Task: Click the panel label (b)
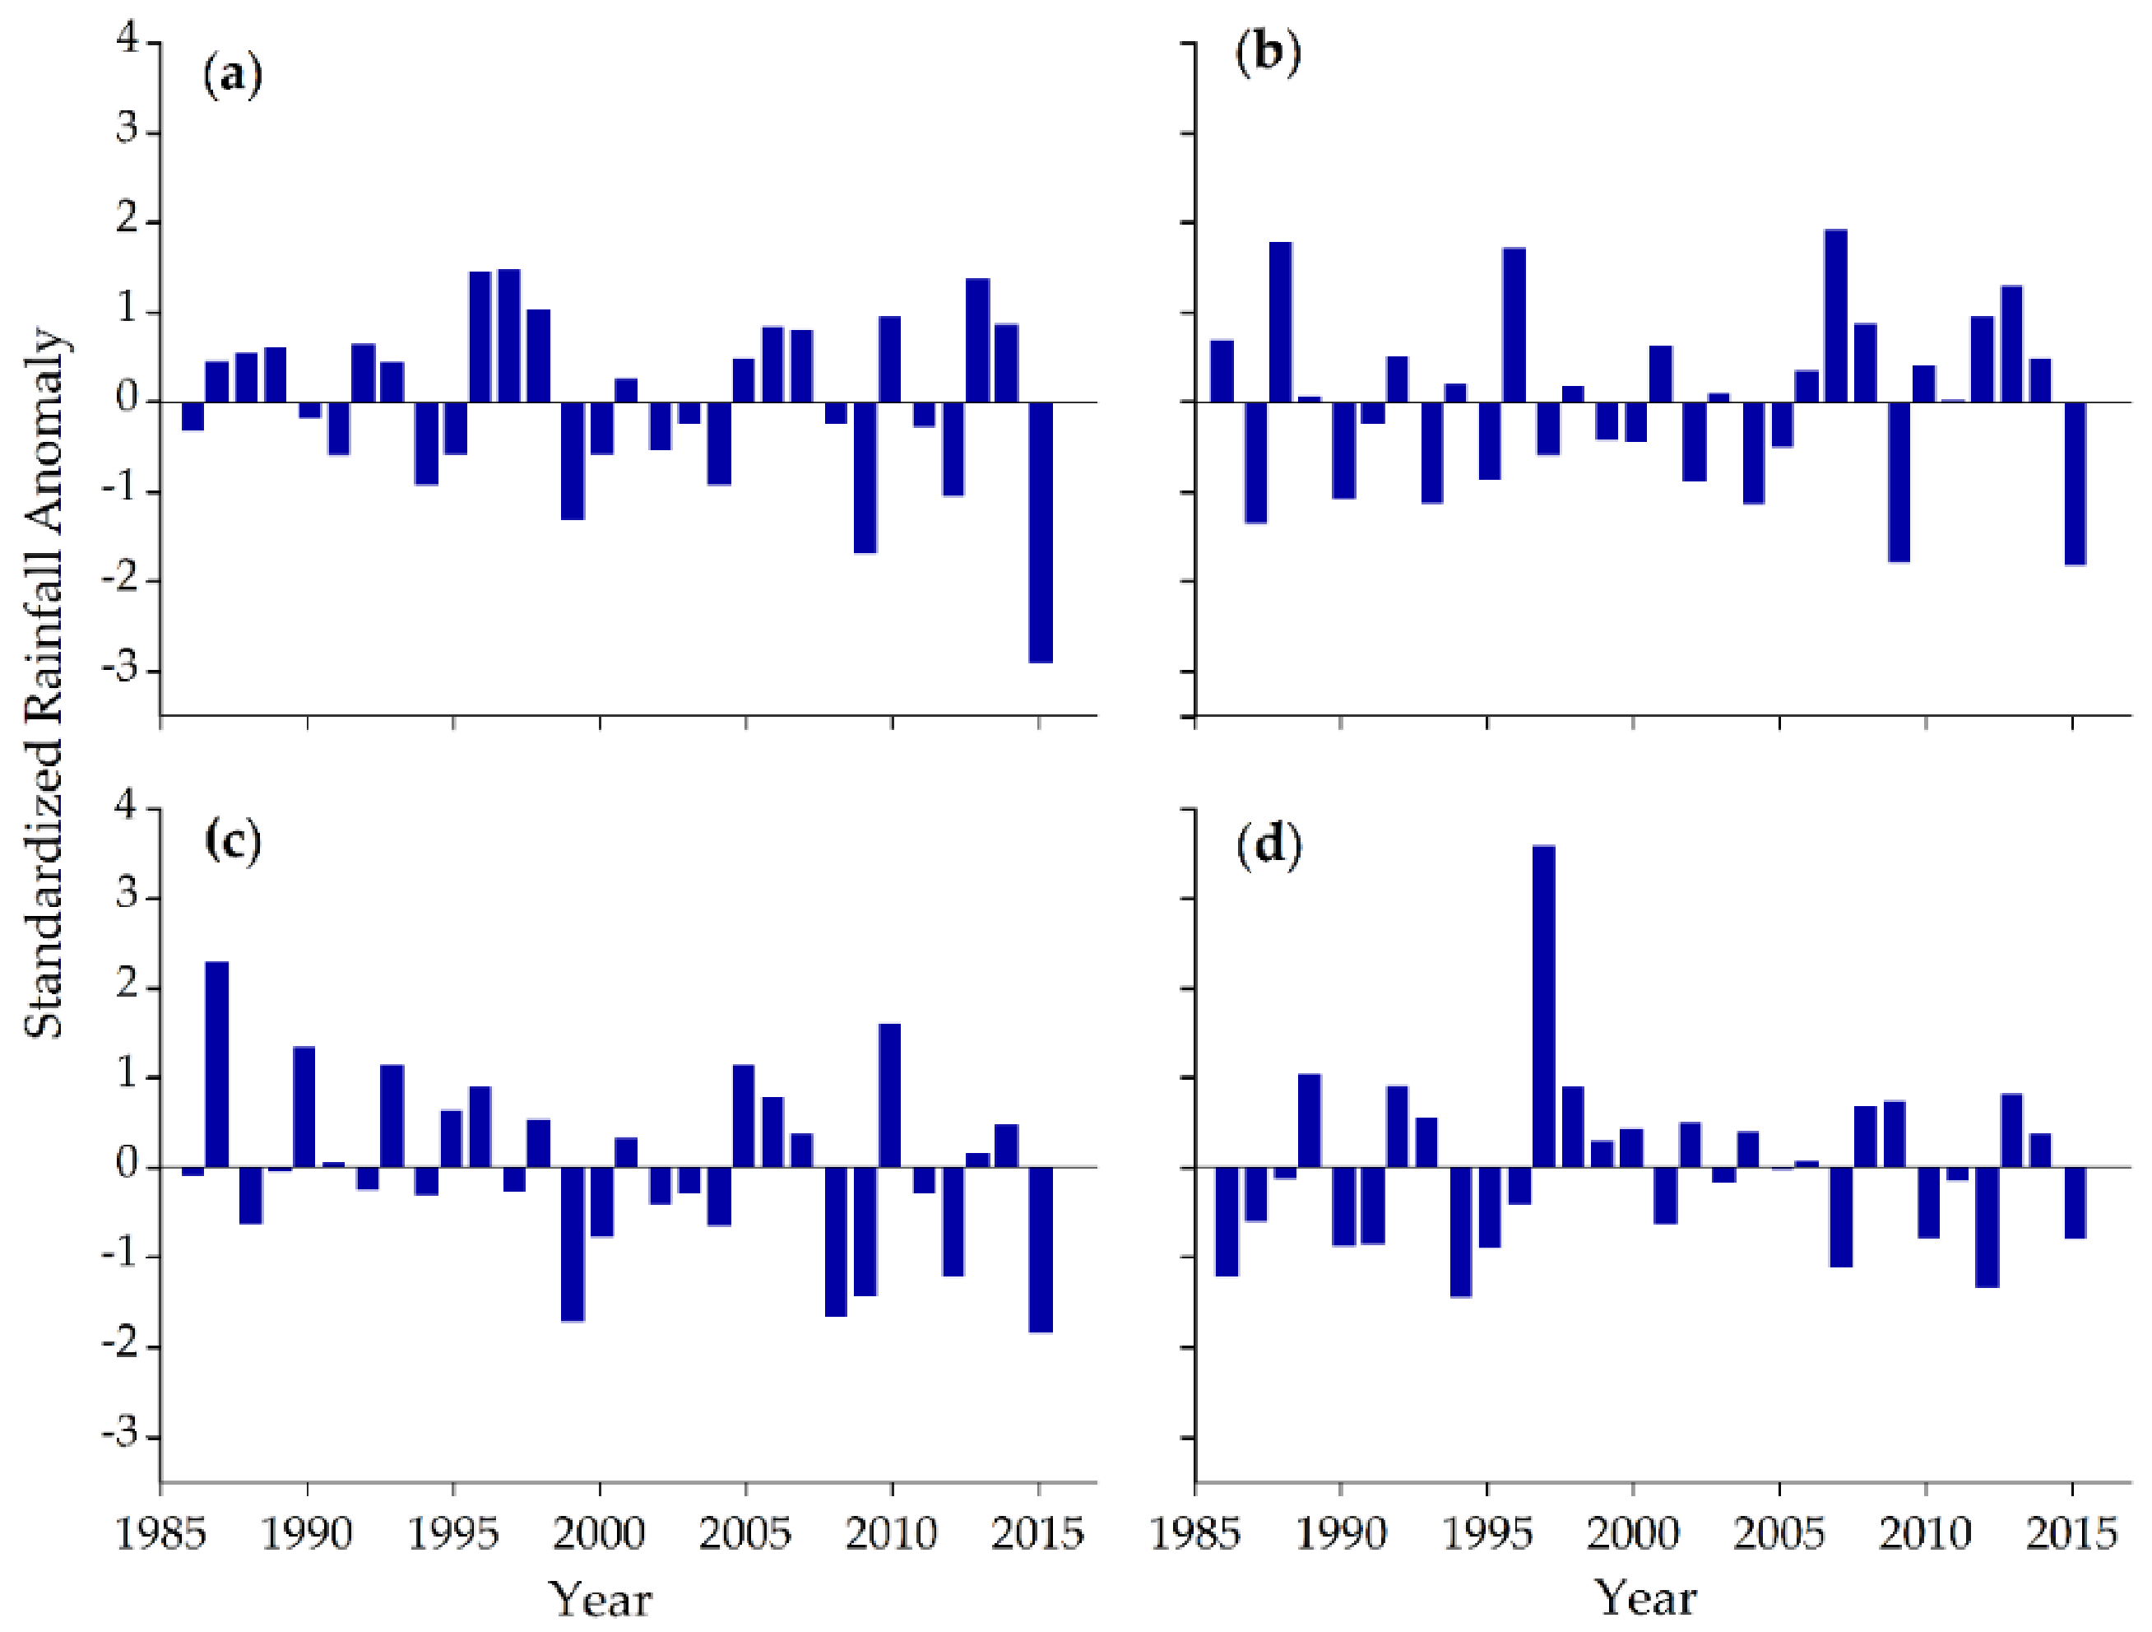pyautogui.click(x=1268, y=54)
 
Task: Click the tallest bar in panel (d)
pyautogui.click(x=1543, y=1007)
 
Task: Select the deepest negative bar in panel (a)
pyautogui.click(x=1040, y=532)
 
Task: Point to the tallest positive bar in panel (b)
pyautogui.click(x=1834, y=315)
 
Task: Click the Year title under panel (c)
pyautogui.click(x=600, y=1599)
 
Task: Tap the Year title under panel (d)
pyautogui.click(x=1645, y=1597)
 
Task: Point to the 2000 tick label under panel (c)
pyautogui.click(x=598, y=1534)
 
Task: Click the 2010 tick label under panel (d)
pyautogui.click(x=1924, y=1534)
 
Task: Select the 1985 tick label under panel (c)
pyautogui.click(x=160, y=1534)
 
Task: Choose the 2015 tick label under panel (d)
pyautogui.click(x=2071, y=1534)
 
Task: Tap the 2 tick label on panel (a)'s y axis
pyautogui.click(x=128, y=221)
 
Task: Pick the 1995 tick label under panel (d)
pyautogui.click(x=1486, y=1534)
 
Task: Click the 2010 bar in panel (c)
pyautogui.click(x=889, y=1095)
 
